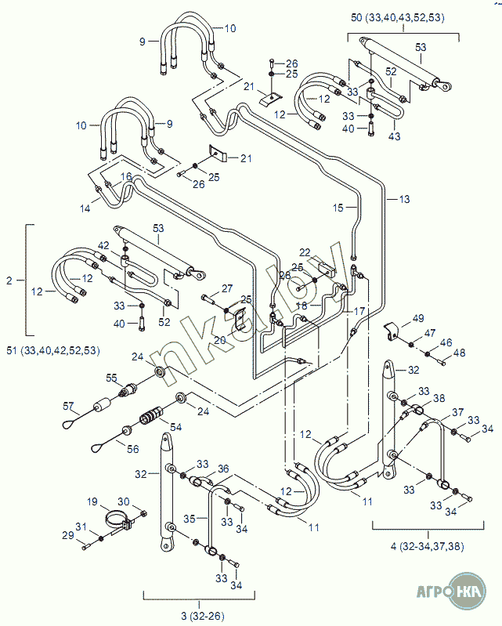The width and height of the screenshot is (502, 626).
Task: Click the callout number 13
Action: pyautogui.click(x=404, y=200)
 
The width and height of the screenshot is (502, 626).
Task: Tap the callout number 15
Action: pyautogui.click(x=338, y=208)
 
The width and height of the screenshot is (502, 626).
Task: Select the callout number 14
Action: pyautogui.click(x=86, y=208)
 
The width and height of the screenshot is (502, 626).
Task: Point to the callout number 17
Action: pyautogui.click(x=359, y=311)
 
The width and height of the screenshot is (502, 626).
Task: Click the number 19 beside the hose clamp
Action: pyautogui.click(x=92, y=502)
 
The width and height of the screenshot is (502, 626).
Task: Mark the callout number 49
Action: pyautogui.click(x=418, y=318)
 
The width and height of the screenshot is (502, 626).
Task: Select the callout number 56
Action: pyautogui.click(x=133, y=450)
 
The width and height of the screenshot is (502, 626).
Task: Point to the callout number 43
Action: pyautogui.click(x=394, y=136)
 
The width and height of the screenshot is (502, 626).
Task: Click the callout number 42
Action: pyautogui.click(x=103, y=245)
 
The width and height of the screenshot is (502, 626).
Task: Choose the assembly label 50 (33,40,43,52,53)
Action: pyautogui.click(x=399, y=16)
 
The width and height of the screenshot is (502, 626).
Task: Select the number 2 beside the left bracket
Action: pyautogui.click(x=9, y=280)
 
